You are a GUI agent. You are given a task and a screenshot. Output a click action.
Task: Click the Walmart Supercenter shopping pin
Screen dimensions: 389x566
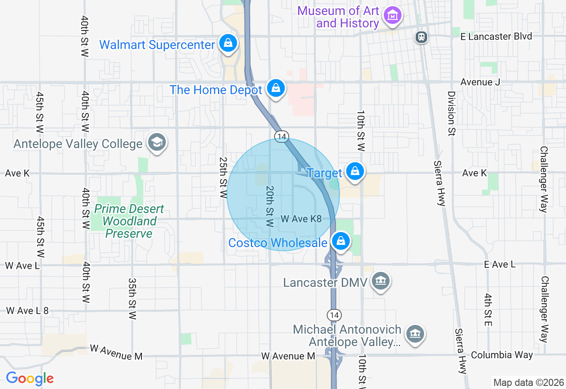click(x=227, y=43)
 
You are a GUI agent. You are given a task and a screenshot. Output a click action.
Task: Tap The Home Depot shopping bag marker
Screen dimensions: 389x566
click(x=276, y=88)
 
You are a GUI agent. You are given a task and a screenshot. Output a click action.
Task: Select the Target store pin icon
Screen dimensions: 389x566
click(x=354, y=171)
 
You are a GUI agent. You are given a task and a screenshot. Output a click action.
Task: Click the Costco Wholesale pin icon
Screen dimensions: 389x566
click(x=340, y=241)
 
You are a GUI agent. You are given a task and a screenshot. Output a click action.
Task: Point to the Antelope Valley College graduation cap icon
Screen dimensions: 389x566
click(x=157, y=142)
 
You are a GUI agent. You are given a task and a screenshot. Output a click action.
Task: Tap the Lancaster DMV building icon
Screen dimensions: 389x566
click(x=380, y=281)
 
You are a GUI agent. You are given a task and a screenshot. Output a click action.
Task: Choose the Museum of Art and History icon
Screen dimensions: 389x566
click(x=392, y=15)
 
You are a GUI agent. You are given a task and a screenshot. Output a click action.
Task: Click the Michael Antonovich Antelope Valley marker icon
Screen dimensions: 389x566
click(x=415, y=334)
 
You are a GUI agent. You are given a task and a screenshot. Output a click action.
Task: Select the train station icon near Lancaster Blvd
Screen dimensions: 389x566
click(x=421, y=37)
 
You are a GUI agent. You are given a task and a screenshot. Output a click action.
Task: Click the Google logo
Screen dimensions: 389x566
click(x=30, y=378)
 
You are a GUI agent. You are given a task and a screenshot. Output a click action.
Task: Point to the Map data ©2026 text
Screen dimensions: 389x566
click(x=528, y=382)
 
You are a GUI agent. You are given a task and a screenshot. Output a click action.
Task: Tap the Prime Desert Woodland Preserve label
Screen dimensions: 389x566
click(x=129, y=221)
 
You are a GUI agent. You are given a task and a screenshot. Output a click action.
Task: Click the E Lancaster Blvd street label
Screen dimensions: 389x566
click(x=496, y=36)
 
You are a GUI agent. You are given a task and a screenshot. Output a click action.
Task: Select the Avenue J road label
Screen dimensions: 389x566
click(x=476, y=82)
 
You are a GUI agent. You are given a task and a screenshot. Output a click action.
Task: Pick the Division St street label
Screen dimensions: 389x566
click(x=451, y=114)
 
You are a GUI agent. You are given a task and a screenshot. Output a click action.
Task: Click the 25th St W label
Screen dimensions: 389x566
click(x=223, y=177)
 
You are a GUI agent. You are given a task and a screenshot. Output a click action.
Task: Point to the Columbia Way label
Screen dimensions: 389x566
click(x=502, y=355)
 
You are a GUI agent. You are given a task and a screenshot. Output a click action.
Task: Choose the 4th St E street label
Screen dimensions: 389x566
click(x=488, y=309)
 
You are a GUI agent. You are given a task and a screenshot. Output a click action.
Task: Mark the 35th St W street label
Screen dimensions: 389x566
click(x=132, y=299)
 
